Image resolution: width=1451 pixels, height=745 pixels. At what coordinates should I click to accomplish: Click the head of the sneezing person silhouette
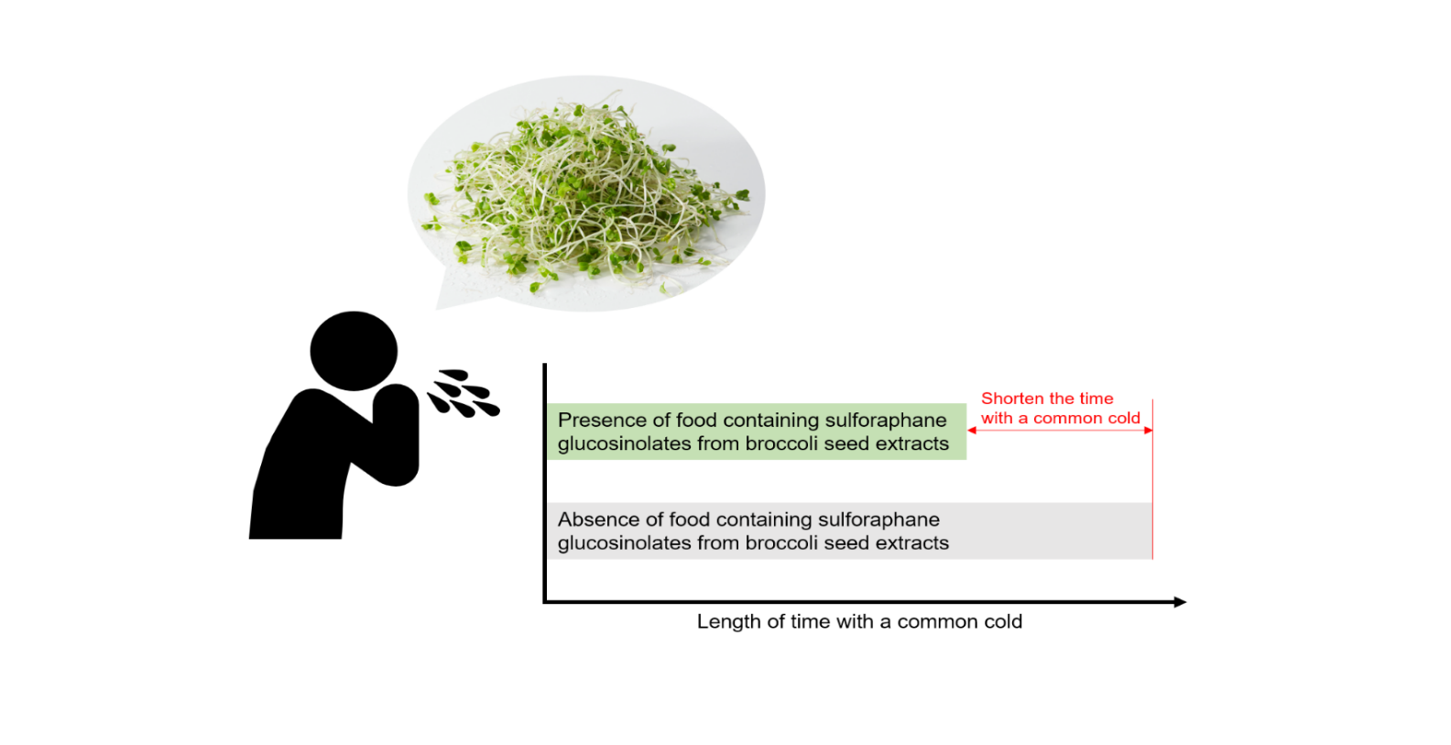coord(354,350)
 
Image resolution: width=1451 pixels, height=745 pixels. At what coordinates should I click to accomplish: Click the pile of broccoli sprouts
coord(583,194)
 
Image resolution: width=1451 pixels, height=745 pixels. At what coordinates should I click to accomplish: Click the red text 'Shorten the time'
coord(1047,399)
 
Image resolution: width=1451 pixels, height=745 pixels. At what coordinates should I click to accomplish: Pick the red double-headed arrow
coord(1060,430)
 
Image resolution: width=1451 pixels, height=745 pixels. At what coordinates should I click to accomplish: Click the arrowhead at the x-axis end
coord(1180,602)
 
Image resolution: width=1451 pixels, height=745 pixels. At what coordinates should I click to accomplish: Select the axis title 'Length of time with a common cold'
coord(859,621)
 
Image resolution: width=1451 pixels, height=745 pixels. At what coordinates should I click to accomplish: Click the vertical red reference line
coord(1153,478)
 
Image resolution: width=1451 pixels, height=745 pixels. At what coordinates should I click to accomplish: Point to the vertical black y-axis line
coord(545,483)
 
